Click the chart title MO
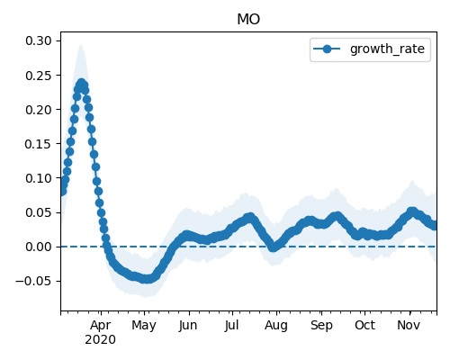tap(248, 20)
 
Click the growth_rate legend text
tap(387, 49)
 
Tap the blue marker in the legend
tap(327, 49)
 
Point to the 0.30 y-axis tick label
tap(39, 40)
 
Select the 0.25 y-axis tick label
tap(39, 76)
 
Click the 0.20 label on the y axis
tap(39, 110)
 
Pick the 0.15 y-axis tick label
tap(39, 144)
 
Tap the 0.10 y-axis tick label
tap(39, 178)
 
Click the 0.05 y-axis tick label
tap(39, 212)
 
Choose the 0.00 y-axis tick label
tap(39, 247)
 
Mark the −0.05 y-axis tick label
tap(34, 281)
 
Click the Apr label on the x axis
tap(101, 326)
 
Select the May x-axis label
tap(144, 326)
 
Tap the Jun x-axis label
tap(188, 326)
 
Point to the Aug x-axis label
tap(276, 326)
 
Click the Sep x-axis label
tap(321, 326)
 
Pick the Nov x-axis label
tap(409, 325)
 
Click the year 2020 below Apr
tap(100, 340)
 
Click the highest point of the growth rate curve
tap(81, 83)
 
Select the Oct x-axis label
tap(364, 325)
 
